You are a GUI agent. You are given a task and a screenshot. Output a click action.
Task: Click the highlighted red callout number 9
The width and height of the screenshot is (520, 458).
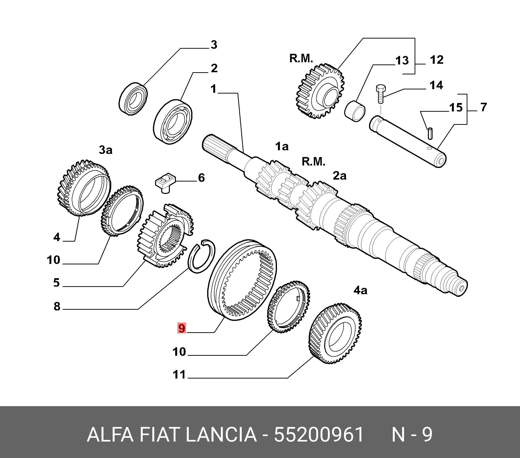click(x=182, y=328)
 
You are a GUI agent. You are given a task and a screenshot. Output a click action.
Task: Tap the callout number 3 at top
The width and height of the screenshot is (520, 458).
click(x=214, y=45)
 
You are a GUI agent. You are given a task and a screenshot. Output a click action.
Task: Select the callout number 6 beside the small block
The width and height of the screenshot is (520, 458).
click(x=201, y=178)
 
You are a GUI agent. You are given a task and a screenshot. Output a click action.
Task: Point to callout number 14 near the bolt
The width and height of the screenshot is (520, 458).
click(x=436, y=85)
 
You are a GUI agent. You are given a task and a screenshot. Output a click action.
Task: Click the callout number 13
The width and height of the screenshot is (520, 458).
click(x=402, y=61)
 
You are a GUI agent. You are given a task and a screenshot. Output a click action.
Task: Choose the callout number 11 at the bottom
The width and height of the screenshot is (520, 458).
click(x=179, y=375)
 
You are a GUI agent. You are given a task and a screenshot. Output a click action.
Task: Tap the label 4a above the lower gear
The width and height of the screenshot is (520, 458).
click(x=360, y=290)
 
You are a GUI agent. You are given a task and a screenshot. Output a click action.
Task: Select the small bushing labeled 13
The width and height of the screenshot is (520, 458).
click(x=355, y=111)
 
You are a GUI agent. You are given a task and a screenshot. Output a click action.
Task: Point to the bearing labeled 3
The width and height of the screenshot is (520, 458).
click(x=133, y=99)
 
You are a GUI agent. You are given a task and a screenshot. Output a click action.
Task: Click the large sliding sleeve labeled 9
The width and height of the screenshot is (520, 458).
click(x=242, y=280)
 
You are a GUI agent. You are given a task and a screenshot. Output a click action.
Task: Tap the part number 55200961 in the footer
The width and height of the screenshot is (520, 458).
click(x=319, y=434)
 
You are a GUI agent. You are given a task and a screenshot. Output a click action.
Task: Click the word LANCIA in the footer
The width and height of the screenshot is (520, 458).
click(x=221, y=434)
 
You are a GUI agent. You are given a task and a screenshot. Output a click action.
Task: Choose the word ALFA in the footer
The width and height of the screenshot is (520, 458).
click(x=110, y=434)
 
